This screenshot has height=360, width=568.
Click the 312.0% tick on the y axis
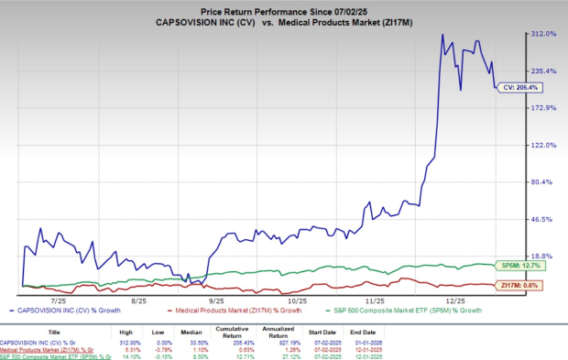(x=545, y=34)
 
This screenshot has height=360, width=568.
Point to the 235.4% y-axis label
(x=545, y=71)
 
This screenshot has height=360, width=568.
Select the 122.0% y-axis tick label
(x=545, y=145)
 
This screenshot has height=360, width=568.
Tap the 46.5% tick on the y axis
(x=545, y=220)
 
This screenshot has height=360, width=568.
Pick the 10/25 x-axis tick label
(x=296, y=299)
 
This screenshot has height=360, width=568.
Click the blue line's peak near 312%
(x=442, y=36)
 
